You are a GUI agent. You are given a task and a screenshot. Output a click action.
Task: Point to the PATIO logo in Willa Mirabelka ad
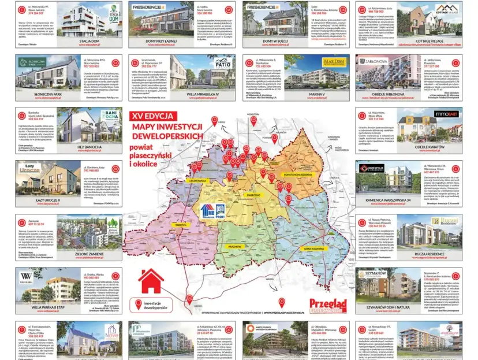pyautogui.click(x=222, y=63)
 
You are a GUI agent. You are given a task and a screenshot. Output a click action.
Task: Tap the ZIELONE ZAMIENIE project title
pyautogui.click(x=88, y=254)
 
